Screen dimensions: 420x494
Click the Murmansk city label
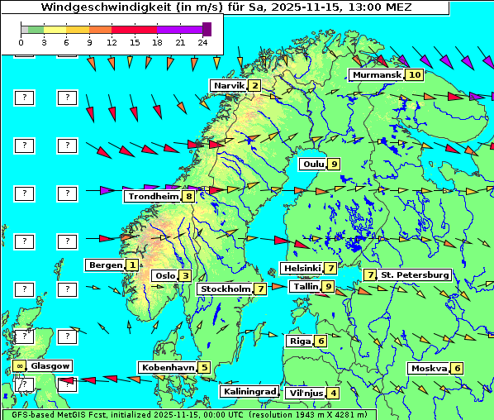click(377, 75)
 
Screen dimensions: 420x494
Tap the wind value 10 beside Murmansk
click(414, 75)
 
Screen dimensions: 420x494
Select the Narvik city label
click(229, 86)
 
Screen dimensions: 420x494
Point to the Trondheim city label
click(153, 197)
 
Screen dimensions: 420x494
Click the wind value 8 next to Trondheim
click(189, 197)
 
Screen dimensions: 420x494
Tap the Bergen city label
click(104, 265)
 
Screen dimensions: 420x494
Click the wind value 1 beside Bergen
click(131, 265)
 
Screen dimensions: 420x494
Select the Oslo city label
click(164, 276)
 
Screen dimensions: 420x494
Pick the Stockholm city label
click(226, 289)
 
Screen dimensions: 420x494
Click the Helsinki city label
click(302, 268)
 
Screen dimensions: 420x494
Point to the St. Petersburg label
click(415, 274)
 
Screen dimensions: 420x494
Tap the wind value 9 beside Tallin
click(328, 287)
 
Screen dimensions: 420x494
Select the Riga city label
click(298, 341)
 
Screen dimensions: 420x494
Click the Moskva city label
click(429, 369)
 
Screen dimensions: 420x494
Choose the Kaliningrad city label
click(249, 391)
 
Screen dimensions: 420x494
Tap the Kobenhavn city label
click(168, 367)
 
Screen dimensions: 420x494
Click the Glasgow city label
click(50, 365)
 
